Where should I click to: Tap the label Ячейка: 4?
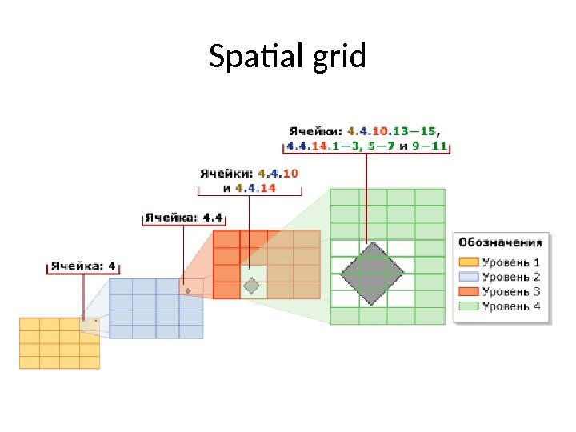coord(83,266)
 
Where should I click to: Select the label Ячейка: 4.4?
coord(183,217)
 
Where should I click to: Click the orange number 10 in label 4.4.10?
coord(290,173)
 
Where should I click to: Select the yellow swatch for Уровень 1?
coord(468,262)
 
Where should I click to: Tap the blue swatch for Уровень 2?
coord(468,277)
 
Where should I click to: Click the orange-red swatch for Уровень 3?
coord(468,291)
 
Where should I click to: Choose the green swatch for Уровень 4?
coord(468,306)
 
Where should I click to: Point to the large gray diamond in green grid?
coord(373,274)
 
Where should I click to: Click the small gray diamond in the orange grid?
coord(253,285)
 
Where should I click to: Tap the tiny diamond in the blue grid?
coord(188,291)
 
